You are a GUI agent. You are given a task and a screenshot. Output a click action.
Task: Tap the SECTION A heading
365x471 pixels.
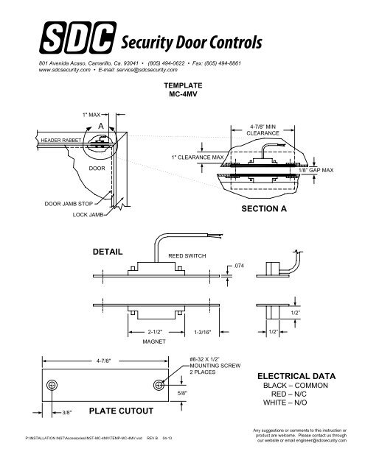(263, 209)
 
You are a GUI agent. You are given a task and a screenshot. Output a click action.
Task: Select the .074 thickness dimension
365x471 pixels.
(238, 267)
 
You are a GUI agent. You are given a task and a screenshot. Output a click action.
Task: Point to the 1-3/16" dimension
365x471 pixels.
(203, 332)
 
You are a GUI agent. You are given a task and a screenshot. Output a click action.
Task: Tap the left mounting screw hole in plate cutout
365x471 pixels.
(52, 387)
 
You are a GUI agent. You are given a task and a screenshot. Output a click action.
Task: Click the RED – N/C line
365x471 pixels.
(284, 394)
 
